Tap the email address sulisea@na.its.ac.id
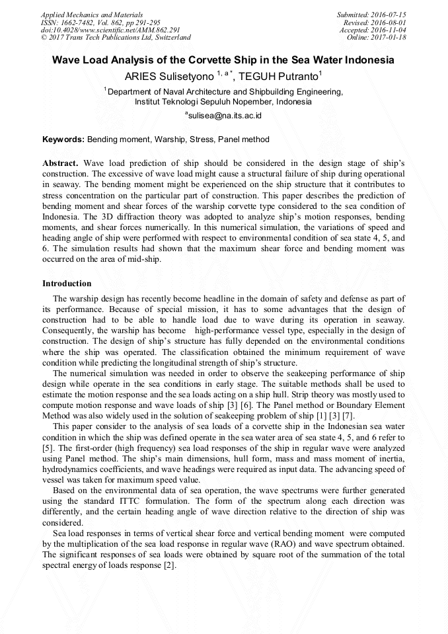225,116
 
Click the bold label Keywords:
63,140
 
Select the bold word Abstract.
61,163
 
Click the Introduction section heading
67,284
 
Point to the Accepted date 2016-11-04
390,30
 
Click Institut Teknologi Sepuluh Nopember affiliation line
223,102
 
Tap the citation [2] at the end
170,566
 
